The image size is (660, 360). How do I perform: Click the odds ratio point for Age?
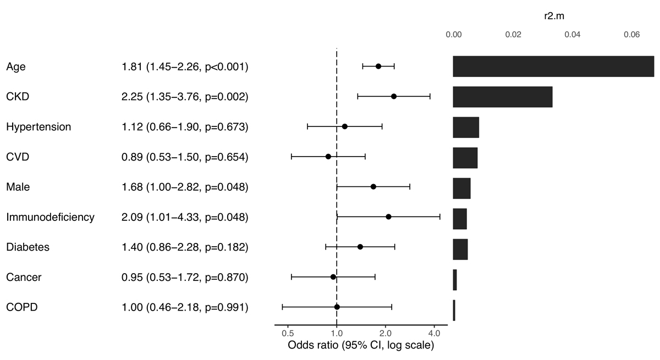click(x=378, y=66)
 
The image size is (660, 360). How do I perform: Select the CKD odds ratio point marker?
click(x=394, y=96)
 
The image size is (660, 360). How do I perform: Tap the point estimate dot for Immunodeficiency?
click(x=388, y=217)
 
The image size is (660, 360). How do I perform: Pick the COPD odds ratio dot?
click(x=337, y=307)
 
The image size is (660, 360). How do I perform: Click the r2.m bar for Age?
click(x=553, y=66)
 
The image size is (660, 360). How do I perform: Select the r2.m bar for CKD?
click(x=503, y=97)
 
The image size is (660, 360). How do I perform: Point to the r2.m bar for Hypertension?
click(x=466, y=127)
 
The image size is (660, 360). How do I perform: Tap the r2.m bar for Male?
click(x=461, y=187)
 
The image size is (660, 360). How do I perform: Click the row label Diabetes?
click(x=28, y=247)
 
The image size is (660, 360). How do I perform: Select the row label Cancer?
click(x=24, y=277)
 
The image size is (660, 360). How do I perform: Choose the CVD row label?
click(x=18, y=157)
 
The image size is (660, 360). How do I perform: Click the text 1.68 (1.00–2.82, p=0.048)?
click(x=185, y=187)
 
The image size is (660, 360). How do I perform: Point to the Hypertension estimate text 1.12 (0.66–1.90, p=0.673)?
click(x=185, y=127)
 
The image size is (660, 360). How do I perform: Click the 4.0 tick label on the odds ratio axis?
click(x=434, y=333)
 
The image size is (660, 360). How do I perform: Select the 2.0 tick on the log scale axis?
click(x=386, y=333)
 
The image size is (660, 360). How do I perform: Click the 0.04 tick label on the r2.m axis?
click(x=573, y=35)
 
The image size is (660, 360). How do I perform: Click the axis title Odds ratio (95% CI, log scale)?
click(x=361, y=346)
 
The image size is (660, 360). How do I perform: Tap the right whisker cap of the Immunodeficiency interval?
click(x=440, y=217)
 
